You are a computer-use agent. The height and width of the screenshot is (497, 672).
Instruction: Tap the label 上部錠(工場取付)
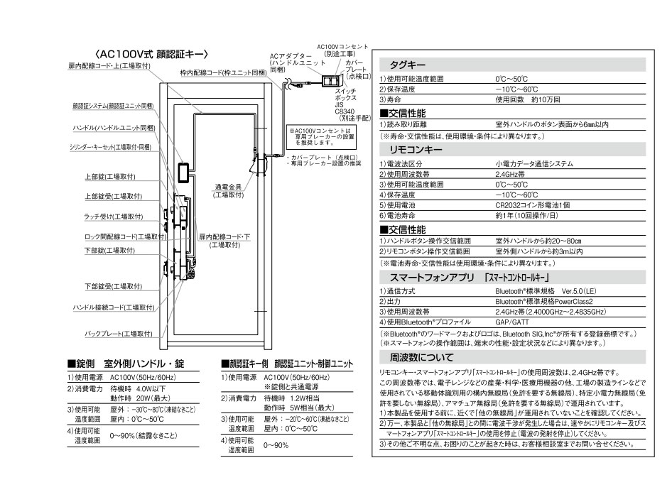(110, 177)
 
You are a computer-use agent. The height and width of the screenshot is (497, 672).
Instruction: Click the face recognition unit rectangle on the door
(183, 173)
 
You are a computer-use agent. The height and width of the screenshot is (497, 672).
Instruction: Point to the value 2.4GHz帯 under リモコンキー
(511, 174)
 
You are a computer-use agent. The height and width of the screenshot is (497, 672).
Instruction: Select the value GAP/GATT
(511, 321)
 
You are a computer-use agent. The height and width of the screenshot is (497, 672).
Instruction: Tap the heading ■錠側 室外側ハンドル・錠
(134, 363)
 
